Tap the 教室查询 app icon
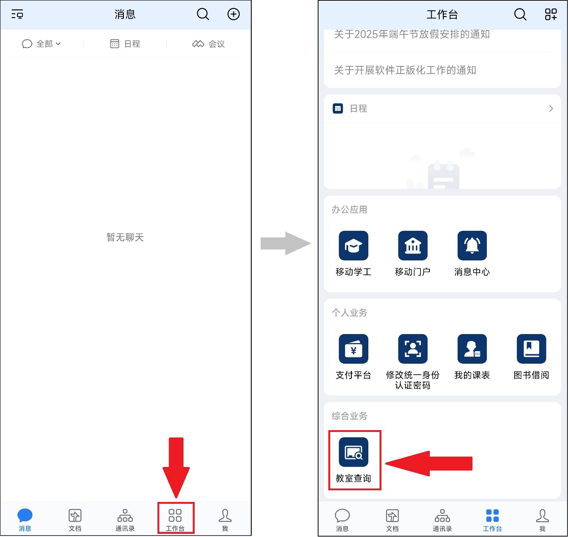(353, 452)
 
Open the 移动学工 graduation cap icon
(353, 246)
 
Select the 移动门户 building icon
(413, 246)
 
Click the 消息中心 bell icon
(472, 246)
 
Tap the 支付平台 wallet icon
(353, 349)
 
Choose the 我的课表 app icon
(472, 349)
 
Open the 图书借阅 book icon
(531, 349)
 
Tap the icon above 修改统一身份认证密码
(413, 349)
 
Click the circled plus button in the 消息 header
(233, 14)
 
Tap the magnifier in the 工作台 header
(520, 14)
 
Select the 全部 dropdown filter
(41, 44)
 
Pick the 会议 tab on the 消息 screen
(208, 44)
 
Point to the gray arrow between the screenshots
(285, 243)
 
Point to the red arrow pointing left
(429, 463)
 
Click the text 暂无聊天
(125, 237)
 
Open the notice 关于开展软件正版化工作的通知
(405, 70)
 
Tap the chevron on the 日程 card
(551, 109)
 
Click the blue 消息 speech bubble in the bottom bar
(25, 515)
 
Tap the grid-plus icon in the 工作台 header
(551, 14)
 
